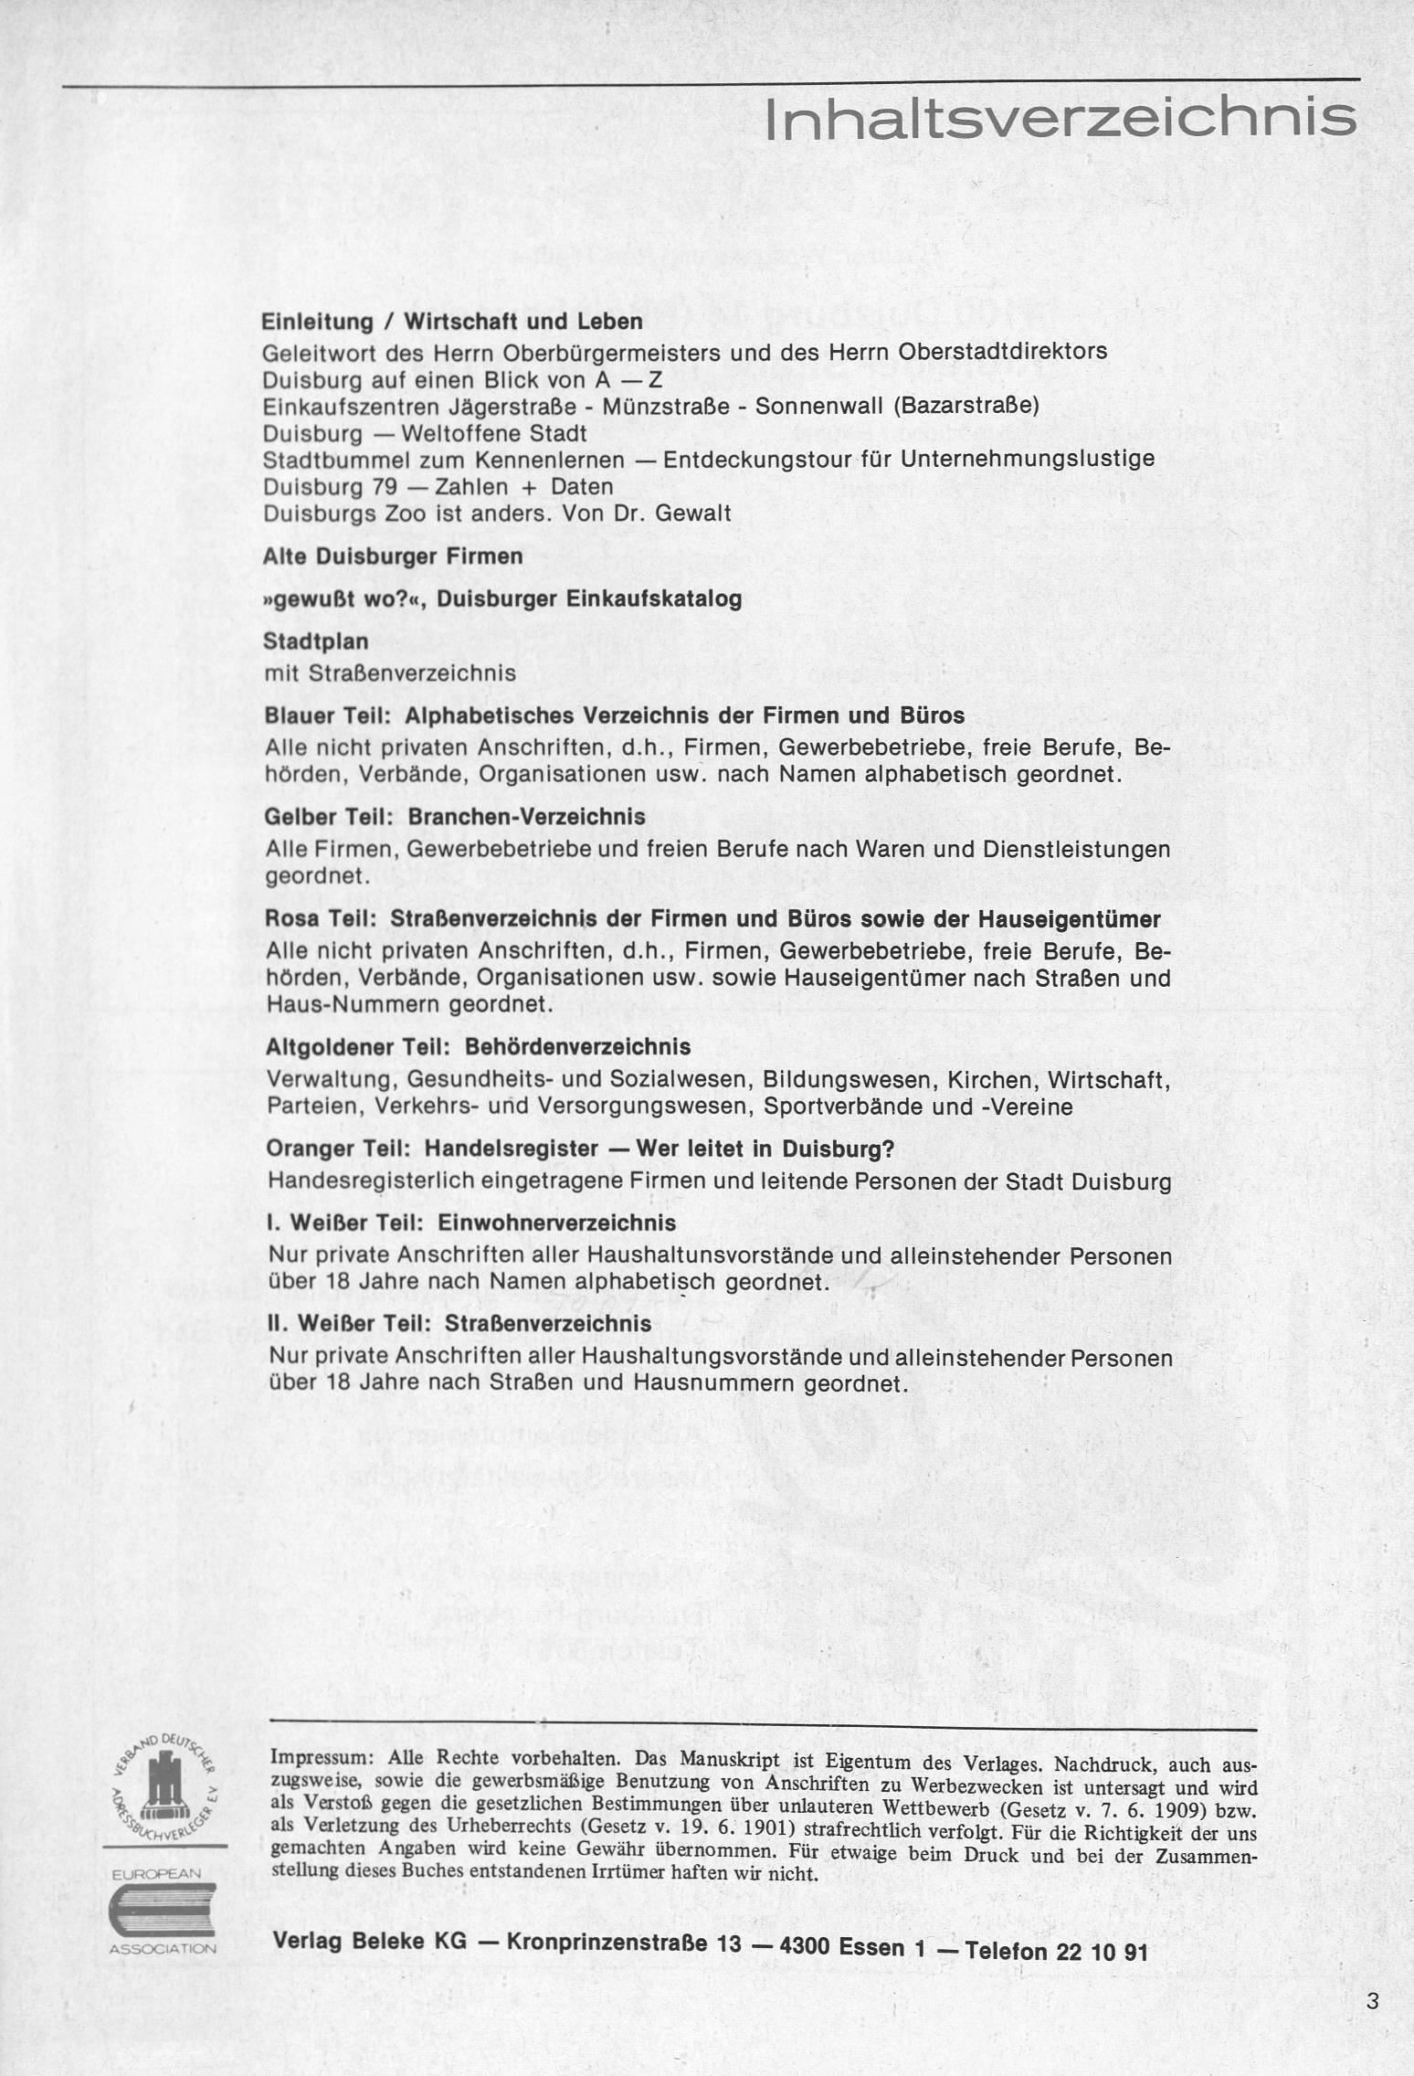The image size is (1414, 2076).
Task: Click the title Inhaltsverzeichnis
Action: tap(1060, 118)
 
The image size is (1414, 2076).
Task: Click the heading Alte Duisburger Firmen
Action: tap(393, 556)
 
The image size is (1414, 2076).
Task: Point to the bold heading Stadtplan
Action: tap(316, 641)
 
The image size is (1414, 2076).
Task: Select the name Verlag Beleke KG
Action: tap(370, 1946)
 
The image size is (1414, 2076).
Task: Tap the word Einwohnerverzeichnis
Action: tap(557, 1223)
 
